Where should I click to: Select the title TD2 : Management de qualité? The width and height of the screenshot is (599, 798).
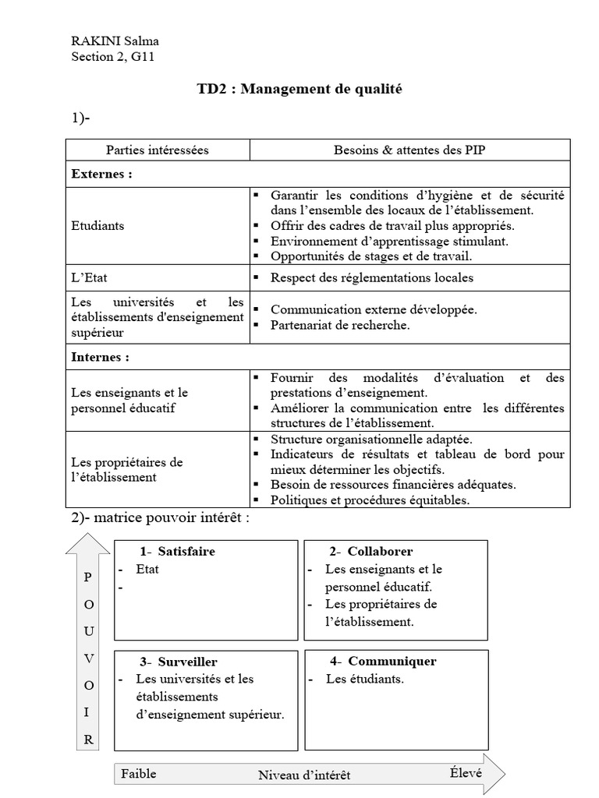299,90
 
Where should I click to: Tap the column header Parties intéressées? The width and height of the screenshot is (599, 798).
158,150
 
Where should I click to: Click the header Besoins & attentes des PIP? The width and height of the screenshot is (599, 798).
409,150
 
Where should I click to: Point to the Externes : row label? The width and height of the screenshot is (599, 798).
101,174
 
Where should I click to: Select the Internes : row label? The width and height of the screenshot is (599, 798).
100,357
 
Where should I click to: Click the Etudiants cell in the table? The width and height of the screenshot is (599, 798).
97,225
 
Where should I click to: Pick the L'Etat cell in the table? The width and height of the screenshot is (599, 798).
88,277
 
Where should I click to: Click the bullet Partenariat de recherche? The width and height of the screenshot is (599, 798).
339,325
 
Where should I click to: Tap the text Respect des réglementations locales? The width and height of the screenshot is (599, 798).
371,277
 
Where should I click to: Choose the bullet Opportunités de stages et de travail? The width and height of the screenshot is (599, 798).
371,256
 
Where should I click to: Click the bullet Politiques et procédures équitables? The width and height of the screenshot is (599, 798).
370,500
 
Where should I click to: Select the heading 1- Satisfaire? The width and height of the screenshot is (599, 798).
178,552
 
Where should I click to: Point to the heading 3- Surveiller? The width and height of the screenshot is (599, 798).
179,662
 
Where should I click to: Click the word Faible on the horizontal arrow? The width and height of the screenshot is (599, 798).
138,773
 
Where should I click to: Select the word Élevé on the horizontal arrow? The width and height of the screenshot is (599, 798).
465,773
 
